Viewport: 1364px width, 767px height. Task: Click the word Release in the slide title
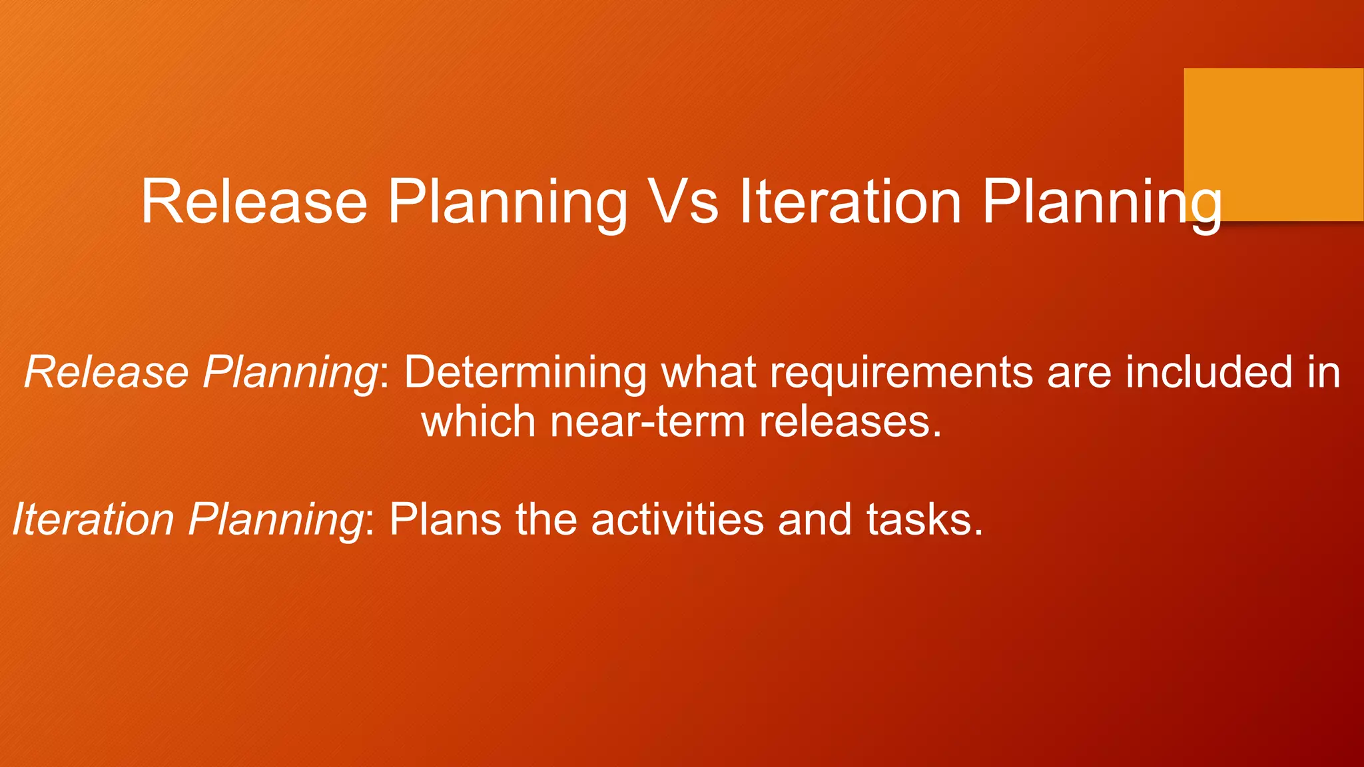click(x=254, y=201)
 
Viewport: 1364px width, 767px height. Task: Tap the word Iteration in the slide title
click(x=851, y=201)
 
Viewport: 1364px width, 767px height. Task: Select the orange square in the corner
click(x=1273, y=144)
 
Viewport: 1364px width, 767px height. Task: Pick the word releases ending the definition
click(x=850, y=421)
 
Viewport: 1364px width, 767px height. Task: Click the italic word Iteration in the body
click(x=93, y=519)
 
